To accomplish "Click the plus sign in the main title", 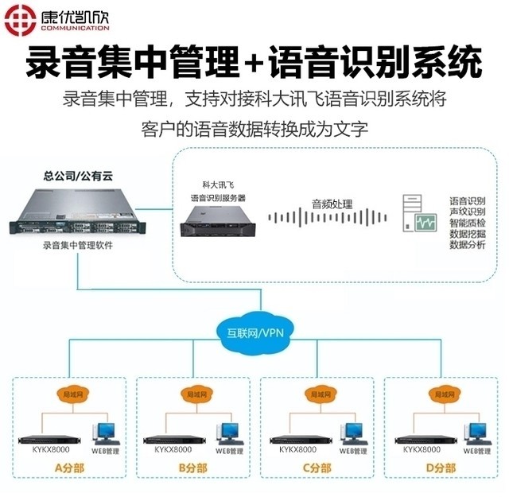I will (253, 61).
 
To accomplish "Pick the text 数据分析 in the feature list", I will (467, 246).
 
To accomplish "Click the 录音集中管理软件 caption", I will (77, 246).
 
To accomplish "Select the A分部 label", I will (68, 469).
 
